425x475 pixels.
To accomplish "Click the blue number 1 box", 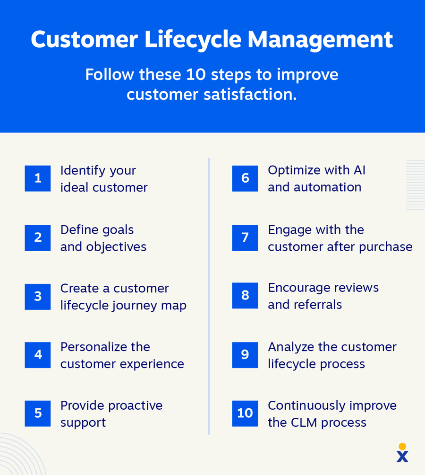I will [38, 178].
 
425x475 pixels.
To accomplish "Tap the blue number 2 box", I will [38, 237].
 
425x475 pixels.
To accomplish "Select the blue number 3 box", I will [38, 297].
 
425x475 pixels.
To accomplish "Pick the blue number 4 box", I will [38, 355].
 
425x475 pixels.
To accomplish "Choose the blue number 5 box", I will [38, 413].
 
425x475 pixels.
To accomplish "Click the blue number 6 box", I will [245, 178].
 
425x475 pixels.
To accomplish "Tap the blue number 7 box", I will [245, 237].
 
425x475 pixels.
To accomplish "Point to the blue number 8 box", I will [245, 296].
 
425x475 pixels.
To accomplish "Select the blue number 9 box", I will [245, 355].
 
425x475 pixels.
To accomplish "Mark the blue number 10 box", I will [245, 413].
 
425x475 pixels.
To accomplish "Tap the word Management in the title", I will [320, 40].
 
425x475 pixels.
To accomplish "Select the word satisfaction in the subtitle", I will [250, 94].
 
